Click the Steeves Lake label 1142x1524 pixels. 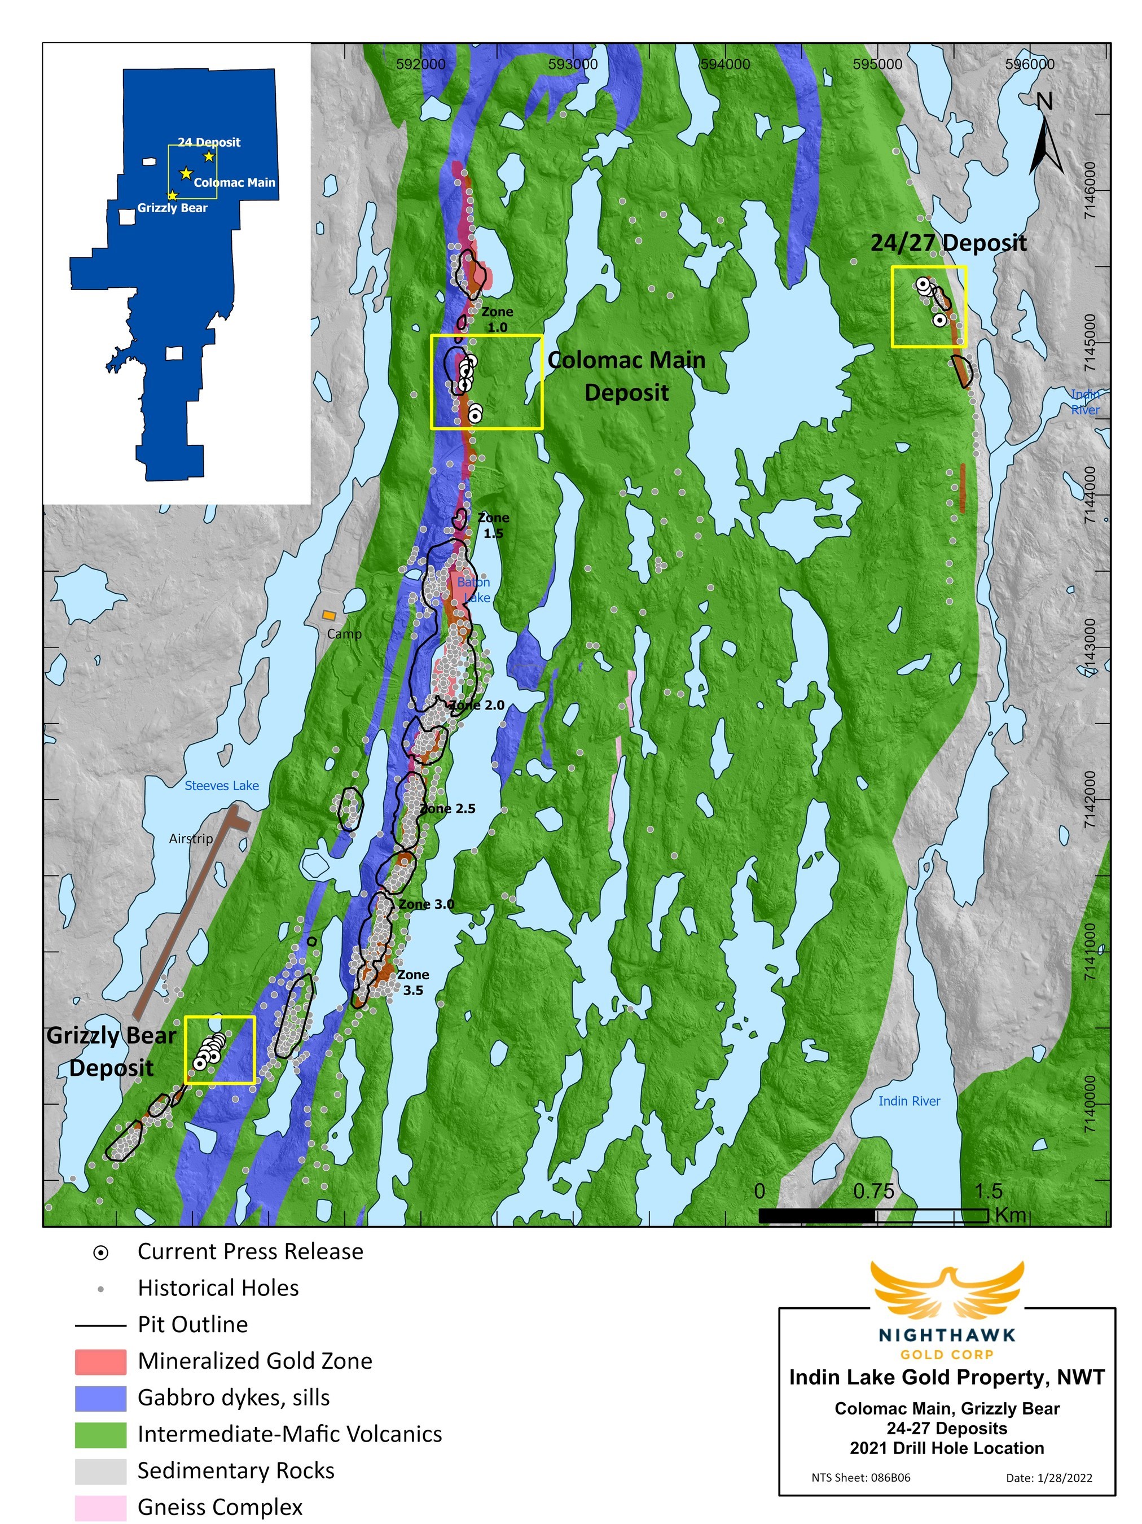pos(221,786)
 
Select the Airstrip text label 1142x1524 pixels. pos(191,838)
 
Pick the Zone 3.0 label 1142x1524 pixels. pos(427,904)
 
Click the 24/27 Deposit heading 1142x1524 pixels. pos(948,243)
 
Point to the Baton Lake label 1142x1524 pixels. pos(475,590)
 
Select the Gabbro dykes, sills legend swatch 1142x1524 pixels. pos(100,1399)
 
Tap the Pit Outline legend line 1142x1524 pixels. pos(100,1325)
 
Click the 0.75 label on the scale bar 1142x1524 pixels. pos(873,1191)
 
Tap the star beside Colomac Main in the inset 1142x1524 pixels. pos(185,174)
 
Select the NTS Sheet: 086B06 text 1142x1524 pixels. pos(860,1477)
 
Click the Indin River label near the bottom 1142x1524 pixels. pos(908,1101)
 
